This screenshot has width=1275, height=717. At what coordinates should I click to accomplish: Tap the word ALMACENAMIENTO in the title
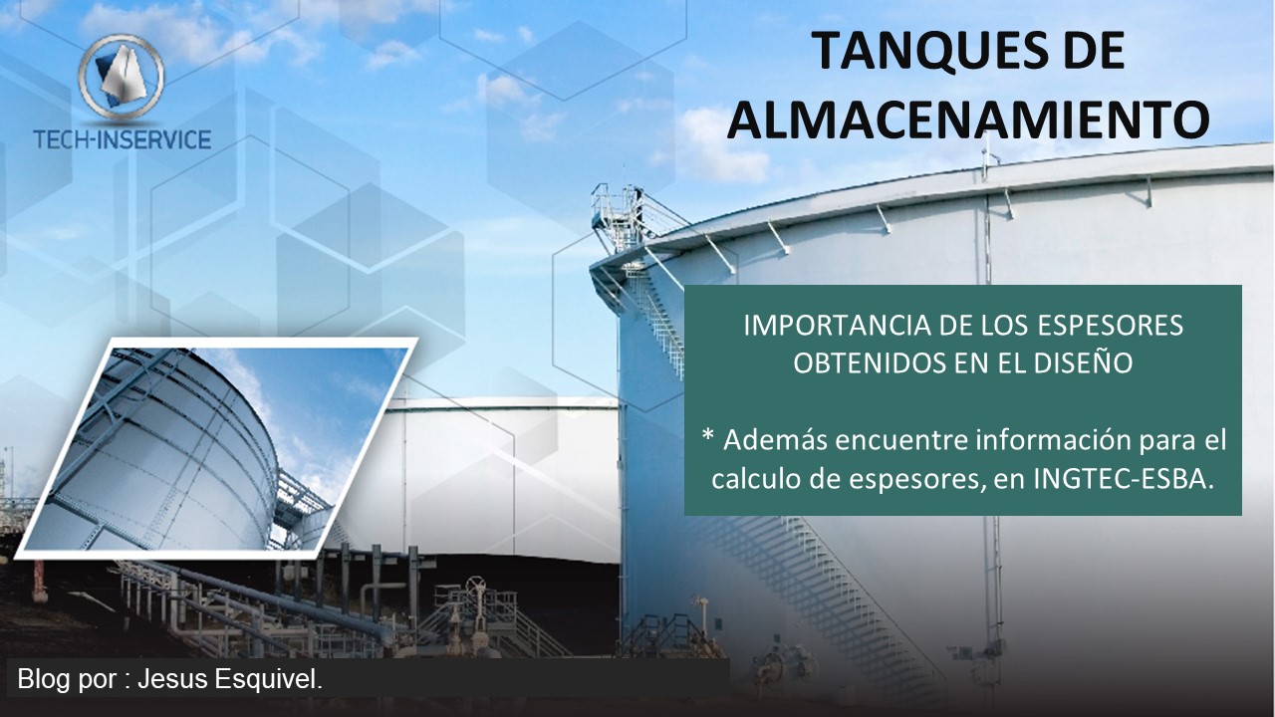pos(968,120)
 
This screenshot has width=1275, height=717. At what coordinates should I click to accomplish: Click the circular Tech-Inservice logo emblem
pos(122,78)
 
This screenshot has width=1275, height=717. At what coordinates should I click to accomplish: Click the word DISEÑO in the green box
pos(1083,363)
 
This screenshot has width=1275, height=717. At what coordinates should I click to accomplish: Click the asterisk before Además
pos(708,436)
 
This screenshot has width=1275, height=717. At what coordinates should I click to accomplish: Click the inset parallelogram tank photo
pos(216,448)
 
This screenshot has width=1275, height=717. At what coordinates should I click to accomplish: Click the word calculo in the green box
pos(755,479)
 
